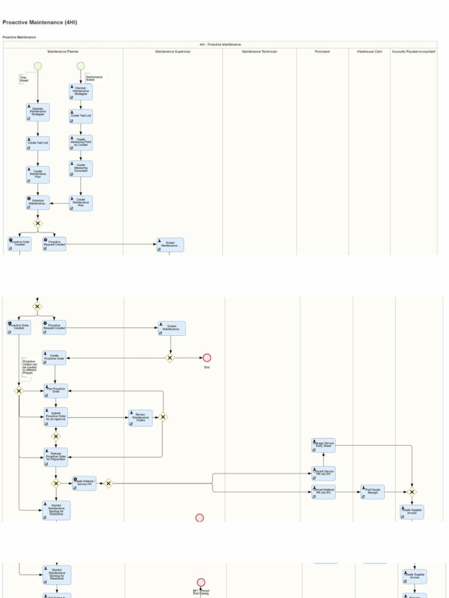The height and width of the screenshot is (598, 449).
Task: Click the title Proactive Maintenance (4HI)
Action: click(40, 22)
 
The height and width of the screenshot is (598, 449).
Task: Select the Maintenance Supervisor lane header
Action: click(172, 51)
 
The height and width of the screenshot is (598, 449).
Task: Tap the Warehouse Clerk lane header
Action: click(369, 51)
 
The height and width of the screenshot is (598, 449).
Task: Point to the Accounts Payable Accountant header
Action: click(413, 51)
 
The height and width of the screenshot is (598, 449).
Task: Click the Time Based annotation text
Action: click(23, 78)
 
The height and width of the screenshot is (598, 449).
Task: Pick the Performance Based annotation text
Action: click(94, 78)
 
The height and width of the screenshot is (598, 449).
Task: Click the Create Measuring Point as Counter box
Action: click(81, 142)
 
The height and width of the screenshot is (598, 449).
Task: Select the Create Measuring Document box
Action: click(81, 168)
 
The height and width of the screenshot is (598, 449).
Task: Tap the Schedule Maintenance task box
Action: click(37, 202)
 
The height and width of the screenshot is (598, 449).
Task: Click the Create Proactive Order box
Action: click(54, 357)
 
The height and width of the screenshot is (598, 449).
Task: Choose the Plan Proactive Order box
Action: click(56, 390)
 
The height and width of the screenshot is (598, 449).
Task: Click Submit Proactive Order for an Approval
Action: click(56, 416)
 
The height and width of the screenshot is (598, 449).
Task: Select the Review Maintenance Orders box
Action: click(140, 418)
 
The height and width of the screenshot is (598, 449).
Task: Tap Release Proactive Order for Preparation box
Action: click(56, 457)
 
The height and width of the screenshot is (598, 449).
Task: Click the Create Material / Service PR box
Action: click(85, 483)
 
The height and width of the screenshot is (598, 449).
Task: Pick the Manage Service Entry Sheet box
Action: click(323, 445)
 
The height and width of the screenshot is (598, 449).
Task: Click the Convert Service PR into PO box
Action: click(324, 473)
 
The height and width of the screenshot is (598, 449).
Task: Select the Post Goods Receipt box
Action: click(372, 492)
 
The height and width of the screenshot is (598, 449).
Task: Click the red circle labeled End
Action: click(206, 358)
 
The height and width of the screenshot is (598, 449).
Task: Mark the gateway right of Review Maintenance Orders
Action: click(163, 417)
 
